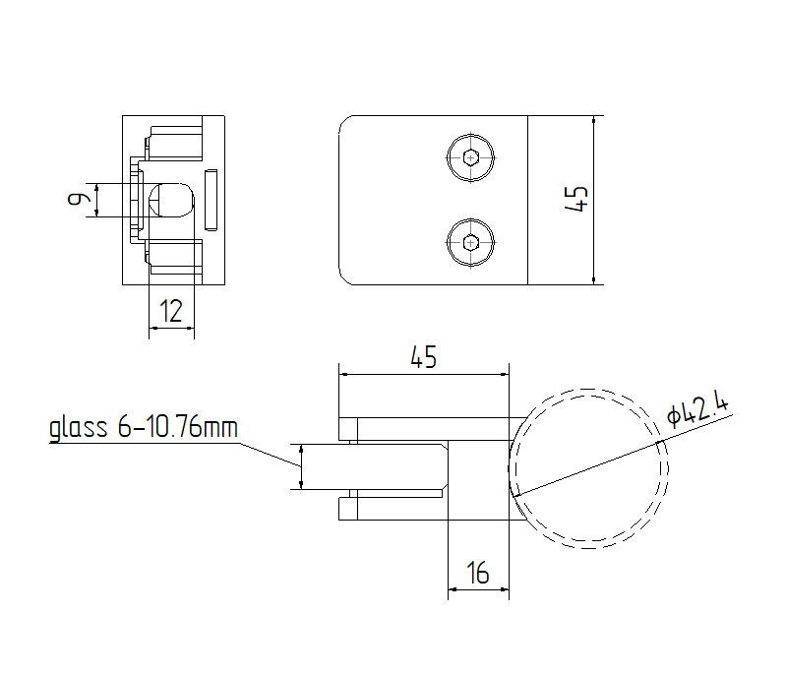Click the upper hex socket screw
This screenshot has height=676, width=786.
click(x=472, y=157)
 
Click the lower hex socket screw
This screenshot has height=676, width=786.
click(x=472, y=242)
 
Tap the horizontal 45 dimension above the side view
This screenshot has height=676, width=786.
click(x=423, y=358)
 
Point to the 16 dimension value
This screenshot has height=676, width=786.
click(x=478, y=573)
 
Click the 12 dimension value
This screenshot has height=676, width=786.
click(x=171, y=312)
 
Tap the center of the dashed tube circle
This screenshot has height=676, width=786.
click(x=589, y=466)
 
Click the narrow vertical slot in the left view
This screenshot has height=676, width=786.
click(x=212, y=201)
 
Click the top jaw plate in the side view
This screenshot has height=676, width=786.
click(x=423, y=428)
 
